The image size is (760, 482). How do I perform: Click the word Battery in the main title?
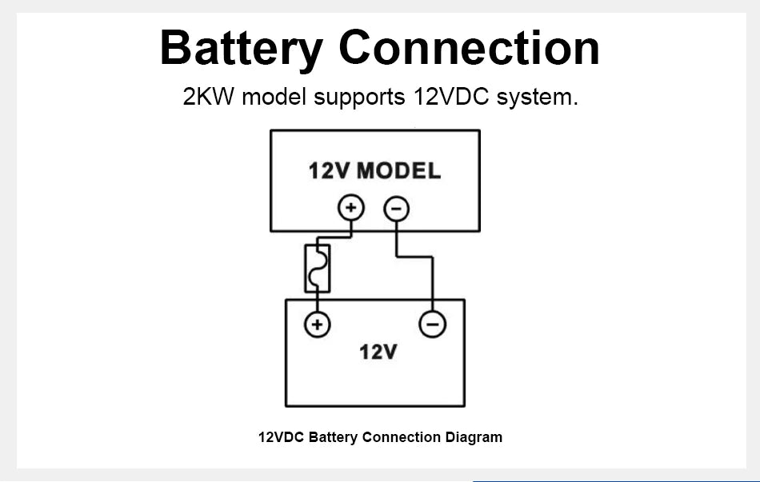[242, 49]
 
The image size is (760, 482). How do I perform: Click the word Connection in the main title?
[469, 47]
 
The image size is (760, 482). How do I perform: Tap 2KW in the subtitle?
[208, 97]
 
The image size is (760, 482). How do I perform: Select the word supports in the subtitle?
[359, 98]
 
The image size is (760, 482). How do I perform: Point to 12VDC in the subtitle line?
[451, 97]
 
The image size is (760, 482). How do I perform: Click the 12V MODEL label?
[374, 171]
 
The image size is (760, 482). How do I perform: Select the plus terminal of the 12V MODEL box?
[351, 208]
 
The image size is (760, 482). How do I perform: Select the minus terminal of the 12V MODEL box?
[397, 209]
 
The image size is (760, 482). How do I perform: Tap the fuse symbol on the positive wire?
[318, 269]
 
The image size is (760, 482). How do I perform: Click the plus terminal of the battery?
[318, 324]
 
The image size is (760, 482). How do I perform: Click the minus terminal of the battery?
[432, 324]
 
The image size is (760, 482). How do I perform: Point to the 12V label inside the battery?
[378, 352]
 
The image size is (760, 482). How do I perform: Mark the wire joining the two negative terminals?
[414, 257]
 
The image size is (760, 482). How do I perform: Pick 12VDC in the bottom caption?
[281, 437]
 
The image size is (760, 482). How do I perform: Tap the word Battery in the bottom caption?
[333, 437]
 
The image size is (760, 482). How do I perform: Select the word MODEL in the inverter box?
[399, 171]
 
